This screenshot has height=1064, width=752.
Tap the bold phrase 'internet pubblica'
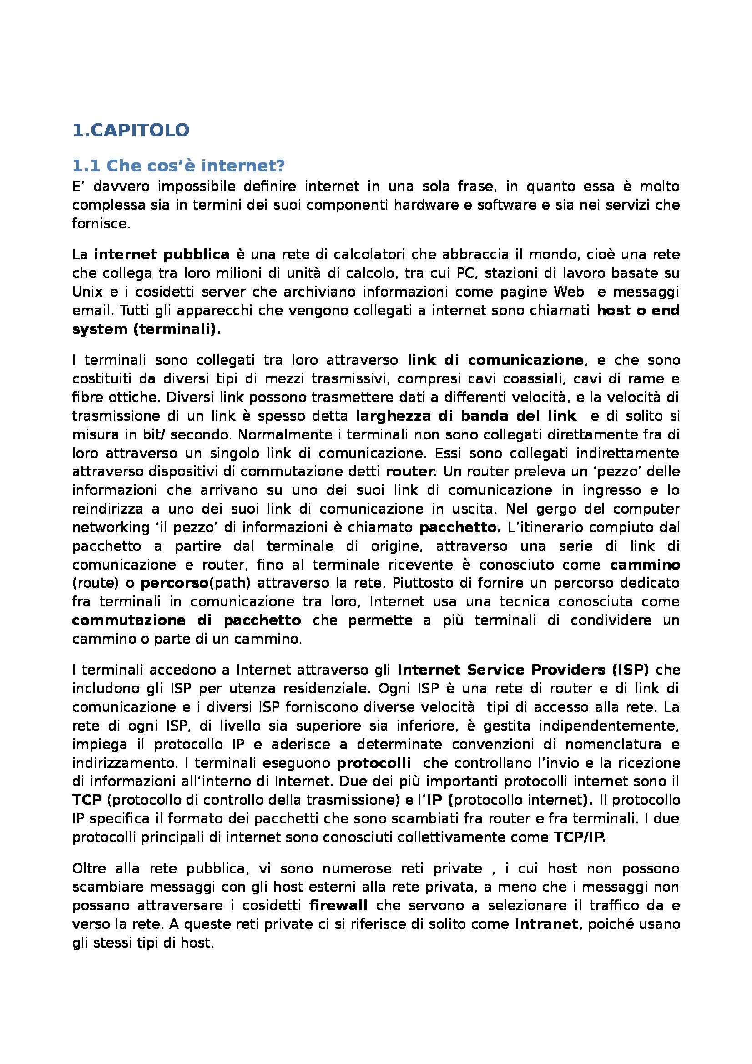click(161, 254)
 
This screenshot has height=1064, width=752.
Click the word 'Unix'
click(84, 292)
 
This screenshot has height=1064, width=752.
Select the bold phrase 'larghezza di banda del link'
click(466, 416)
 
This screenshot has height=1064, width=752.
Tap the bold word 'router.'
click(411, 472)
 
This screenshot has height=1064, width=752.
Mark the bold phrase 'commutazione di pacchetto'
click(186, 620)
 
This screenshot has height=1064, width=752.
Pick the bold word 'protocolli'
click(373, 763)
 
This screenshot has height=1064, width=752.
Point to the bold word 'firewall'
click(338, 906)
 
